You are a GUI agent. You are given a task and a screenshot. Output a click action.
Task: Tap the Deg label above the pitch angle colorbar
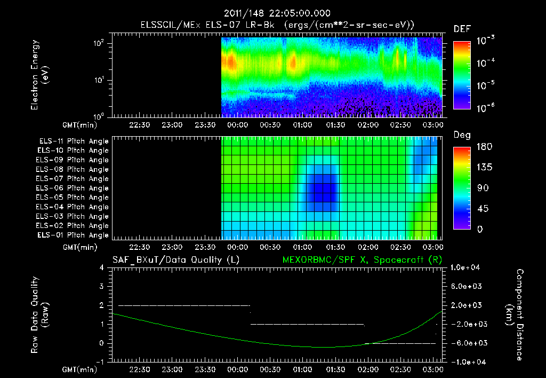(462, 135)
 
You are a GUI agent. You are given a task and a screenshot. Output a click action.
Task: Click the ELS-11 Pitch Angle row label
(74, 141)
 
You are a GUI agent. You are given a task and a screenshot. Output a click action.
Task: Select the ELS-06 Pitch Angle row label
(74, 188)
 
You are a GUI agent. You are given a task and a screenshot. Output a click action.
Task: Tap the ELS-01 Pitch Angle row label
(74, 235)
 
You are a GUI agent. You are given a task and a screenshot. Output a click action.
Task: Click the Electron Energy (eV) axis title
(39, 76)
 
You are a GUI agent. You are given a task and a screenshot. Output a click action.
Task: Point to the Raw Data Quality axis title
(39, 315)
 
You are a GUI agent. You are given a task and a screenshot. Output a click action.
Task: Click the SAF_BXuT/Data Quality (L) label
(175, 260)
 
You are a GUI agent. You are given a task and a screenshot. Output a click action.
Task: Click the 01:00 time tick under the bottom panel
(303, 369)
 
